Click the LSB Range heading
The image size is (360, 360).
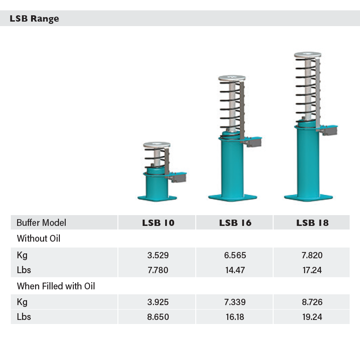pyautogui.click(x=35, y=18)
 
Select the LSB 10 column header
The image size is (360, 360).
pyautogui.click(x=158, y=223)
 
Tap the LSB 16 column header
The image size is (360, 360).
pyautogui.click(x=235, y=223)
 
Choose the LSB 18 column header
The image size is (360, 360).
pyautogui.click(x=312, y=223)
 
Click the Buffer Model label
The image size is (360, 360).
pyautogui.click(x=41, y=223)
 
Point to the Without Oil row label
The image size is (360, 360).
pyautogui.click(x=39, y=238)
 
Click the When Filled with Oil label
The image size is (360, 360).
pyautogui.click(x=56, y=286)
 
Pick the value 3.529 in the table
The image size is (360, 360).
pyautogui.click(x=158, y=255)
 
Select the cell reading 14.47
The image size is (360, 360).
pyautogui.click(x=235, y=270)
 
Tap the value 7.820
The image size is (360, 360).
pyautogui.click(x=312, y=255)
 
